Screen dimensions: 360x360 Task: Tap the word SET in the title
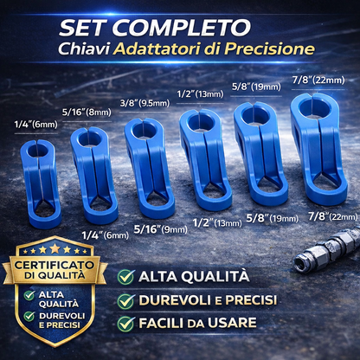click(x=84, y=28)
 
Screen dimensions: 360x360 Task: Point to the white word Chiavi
click(x=84, y=49)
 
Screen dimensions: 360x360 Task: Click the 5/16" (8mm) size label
click(x=87, y=112)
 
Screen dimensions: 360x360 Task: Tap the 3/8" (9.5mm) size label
click(x=145, y=103)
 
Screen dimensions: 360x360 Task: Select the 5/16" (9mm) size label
click(x=161, y=229)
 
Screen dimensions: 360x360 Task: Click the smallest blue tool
click(x=41, y=183)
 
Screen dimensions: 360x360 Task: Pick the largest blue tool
click(x=318, y=149)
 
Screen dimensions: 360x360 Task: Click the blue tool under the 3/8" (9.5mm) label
click(x=149, y=168)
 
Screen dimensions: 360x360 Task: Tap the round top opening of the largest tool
click(x=314, y=108)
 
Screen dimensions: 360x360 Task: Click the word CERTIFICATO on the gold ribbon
click(x=55, y=265)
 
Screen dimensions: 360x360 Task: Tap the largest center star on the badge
click(x=55, y=248)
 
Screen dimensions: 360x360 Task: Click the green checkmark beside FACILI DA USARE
click(x=125, y=324)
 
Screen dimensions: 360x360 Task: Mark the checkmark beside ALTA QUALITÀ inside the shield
click(x=29, y=295)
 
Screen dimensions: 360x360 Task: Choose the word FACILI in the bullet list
click(x=161, y=323)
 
